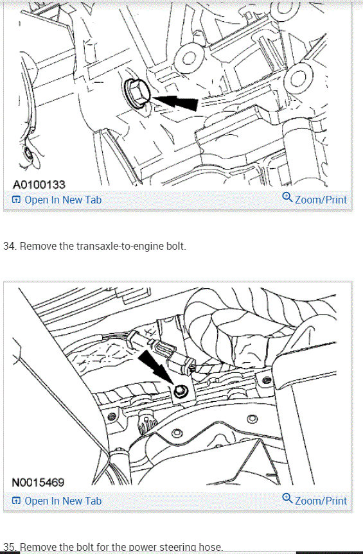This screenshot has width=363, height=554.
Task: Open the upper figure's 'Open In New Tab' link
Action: pos(62,200)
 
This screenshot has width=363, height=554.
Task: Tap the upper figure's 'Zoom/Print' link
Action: pos(321,200)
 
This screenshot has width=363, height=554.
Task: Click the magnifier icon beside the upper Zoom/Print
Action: pos(287,198)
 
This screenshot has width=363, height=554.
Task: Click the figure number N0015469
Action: pos(39,482)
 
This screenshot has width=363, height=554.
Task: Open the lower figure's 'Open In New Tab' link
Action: pos(62,501)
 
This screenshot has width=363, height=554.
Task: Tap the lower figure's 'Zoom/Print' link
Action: pos(321,501)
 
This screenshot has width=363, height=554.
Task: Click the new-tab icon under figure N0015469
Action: pos(17,501)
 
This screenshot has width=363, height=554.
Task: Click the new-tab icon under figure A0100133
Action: pos(17,200)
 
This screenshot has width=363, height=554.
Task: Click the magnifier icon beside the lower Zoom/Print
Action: pos(287,499)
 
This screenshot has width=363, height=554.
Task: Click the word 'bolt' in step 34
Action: pos(173,247)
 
